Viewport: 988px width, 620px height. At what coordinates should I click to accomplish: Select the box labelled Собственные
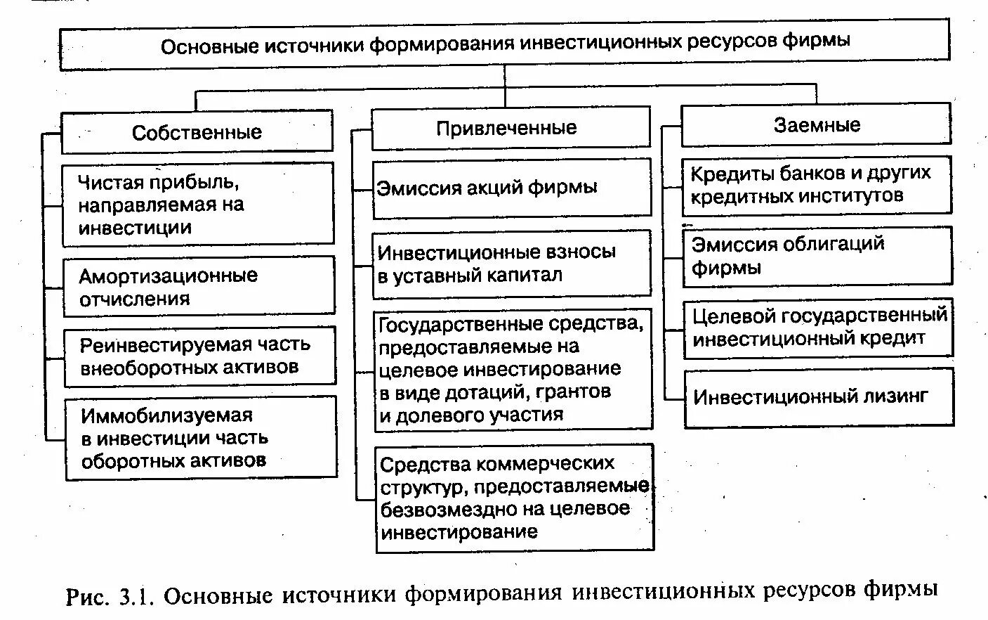coord(197,131)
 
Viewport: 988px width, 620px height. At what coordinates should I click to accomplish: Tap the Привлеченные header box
coord(511,128)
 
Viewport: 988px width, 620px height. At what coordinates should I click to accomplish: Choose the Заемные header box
coord(816,125)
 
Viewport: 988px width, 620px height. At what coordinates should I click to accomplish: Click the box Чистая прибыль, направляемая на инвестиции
coord(198,205)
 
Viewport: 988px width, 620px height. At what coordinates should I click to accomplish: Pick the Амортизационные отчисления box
coord(199,285)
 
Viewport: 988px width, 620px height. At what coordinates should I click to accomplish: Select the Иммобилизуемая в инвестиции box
coord(201,438)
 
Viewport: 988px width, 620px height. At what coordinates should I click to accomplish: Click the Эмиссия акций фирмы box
coord(512,188)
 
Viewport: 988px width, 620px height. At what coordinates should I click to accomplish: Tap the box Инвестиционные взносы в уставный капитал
coord(512,264)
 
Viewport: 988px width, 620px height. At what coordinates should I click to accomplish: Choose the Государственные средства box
coord(513,369)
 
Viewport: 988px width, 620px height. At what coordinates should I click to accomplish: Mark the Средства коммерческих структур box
coord(514,498)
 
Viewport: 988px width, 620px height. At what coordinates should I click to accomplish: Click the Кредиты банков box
coord(816,184)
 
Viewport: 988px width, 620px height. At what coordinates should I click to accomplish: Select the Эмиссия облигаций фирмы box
coord(817,256)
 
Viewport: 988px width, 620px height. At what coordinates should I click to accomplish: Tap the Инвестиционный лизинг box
coord(819,397)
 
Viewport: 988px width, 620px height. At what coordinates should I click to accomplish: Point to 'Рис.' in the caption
coord(87,597)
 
